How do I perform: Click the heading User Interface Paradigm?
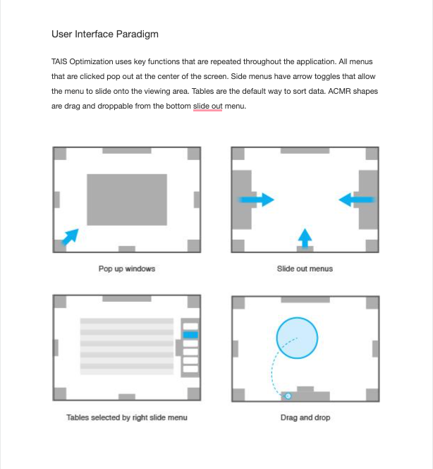point(109,34)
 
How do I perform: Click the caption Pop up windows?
point(127,269)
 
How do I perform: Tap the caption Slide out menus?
point(305,269)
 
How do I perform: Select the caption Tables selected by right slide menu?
point(127,418)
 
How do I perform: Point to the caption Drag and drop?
point(305,418)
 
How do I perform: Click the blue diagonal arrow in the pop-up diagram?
point(70,236)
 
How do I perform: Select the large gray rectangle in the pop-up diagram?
point(127,200)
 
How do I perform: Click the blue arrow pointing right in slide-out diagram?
point(257,200)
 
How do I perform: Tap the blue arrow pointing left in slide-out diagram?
point(355,200)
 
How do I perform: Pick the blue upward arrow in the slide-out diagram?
point(304,237)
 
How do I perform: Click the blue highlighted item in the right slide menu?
point(190,336)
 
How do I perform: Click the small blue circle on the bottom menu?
point(287,396)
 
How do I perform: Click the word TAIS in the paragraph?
point(61,61)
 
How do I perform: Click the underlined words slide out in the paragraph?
point(207,106)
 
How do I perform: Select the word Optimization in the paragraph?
point(95,61)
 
